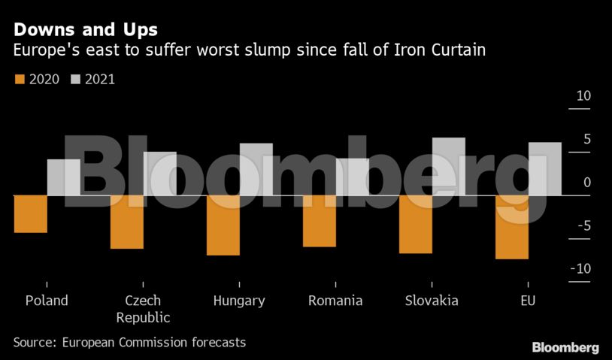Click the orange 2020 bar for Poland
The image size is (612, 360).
click(x=31, y=214)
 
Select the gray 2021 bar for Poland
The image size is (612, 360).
click(x=63, y=177)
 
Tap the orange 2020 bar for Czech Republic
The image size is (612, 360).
click(x=127, y=222)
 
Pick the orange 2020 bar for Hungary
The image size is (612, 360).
click(x=223, y=225)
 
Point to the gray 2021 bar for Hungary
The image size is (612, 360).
click(x=256, y=169)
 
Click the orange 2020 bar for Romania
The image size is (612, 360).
click(x=320, y=221)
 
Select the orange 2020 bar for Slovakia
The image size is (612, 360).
click(x=416, y=224)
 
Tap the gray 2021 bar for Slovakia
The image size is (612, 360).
click(x=448, y=166)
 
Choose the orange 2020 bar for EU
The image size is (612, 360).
click(x=512, y=227)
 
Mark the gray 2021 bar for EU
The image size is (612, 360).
click(x=544, y=168)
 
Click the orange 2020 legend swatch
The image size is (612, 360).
click(x=20, y=79)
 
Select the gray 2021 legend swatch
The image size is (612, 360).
click(x=75, y=79)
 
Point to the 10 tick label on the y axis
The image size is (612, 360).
click(x=583, y=96)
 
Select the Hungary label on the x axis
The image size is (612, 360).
click(x=239, y=301)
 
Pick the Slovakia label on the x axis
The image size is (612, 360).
click(x=432, y=301)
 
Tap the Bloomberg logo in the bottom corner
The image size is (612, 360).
click(x=565, y=347)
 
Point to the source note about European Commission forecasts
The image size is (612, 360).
click(x=129, y=342)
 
